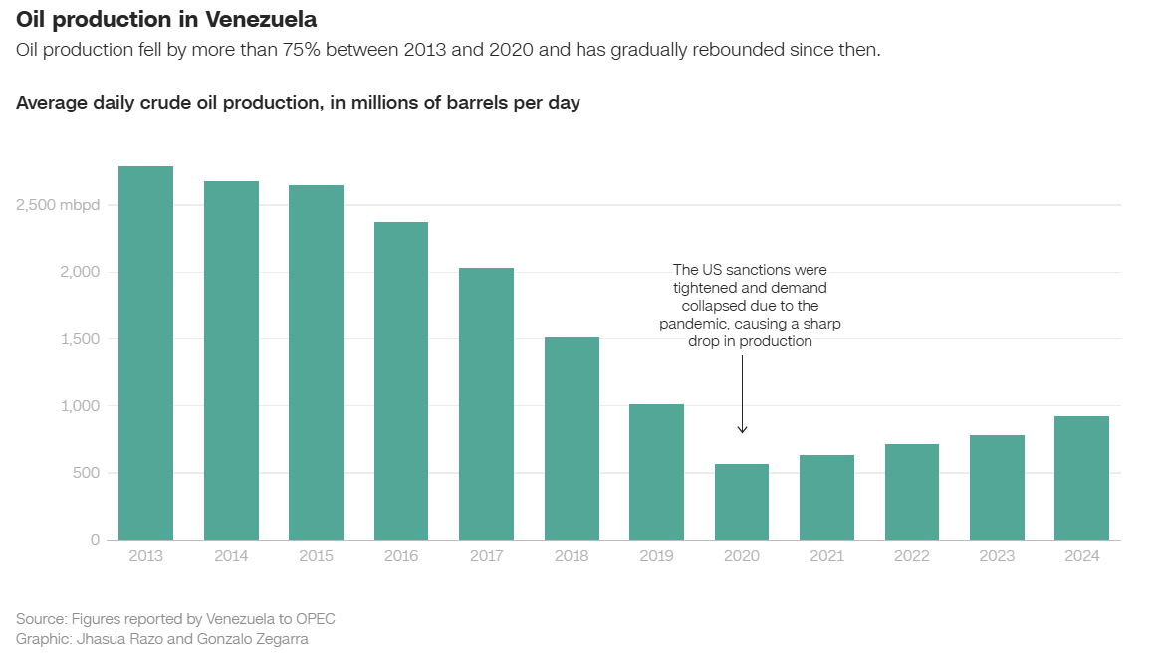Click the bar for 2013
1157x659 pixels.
[145, 353]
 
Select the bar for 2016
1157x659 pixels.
[401, 381]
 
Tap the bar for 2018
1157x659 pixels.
[572, 439]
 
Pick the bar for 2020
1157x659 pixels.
[742, 502]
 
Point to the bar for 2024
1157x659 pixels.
[1081, 478]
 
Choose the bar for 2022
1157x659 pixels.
[912, 492]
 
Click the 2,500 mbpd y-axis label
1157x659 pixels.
[58, 205]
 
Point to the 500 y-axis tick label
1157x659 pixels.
[88, 473]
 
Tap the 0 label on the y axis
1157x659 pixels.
[96, 540]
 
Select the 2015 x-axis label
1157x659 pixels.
[316, 556]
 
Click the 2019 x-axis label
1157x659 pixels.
[656, 556]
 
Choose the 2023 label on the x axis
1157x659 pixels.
[997, 556]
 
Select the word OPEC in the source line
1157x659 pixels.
[315, 619]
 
